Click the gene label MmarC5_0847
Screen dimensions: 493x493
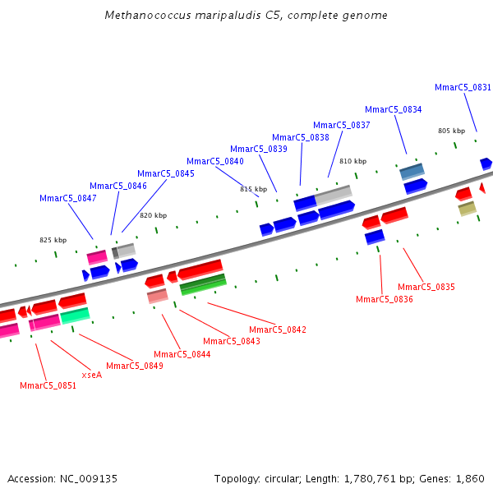pyautogui.click(x=68, y=198)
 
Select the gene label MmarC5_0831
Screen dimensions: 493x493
pyautogui.click(x=463, y=87)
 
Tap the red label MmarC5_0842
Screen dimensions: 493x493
pyautogui.click(x=278, y=329)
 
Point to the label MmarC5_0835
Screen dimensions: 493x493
pyautogui.click(x=426, y=287)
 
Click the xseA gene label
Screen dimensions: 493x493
pyautogui.click(x=91, y=375)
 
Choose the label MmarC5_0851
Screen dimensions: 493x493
pyautogui.click(x=48, y=385)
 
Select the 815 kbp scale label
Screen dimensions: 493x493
pyautogui.click(x=253, y=189)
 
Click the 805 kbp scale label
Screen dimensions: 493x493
pyautogui.click(x=451, y=131)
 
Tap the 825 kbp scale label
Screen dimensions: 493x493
pyautogui.click(x=53, y=240)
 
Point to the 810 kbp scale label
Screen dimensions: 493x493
pyautogui.click(x=352, y=161)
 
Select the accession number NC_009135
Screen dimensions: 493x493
pyautogui.click(x=88, y=478)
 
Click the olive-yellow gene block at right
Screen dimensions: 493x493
pyautogui.click(x=468, y=209)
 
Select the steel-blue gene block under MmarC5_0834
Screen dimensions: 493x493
pyautogui.click(x=412, y=171)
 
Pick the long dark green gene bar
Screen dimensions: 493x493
pyautogui.click(x=203, y=284)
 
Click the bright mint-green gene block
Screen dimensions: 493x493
pyautogui.click(x=75, y=316)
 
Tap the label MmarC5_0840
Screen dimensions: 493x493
pyautogui.click(x=215, y=161)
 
